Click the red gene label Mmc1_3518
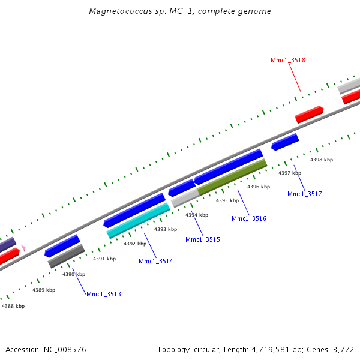coord(288,60)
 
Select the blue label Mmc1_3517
coord(305,194)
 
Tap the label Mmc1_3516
coord(249,218)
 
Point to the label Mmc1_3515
coord(203,239)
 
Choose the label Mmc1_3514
coord(156,261)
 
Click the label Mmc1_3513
coord(104,294)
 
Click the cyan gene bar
coord(139,220)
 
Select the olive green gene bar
coord(232,177)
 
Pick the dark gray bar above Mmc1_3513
coord(67,256)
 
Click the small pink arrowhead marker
coord(23,247)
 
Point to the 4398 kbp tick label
coord(321,160)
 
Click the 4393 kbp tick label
coord(166,229)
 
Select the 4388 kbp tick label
coord(13,306)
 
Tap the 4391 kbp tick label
coord(104,259)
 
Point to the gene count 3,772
coord(344,349)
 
